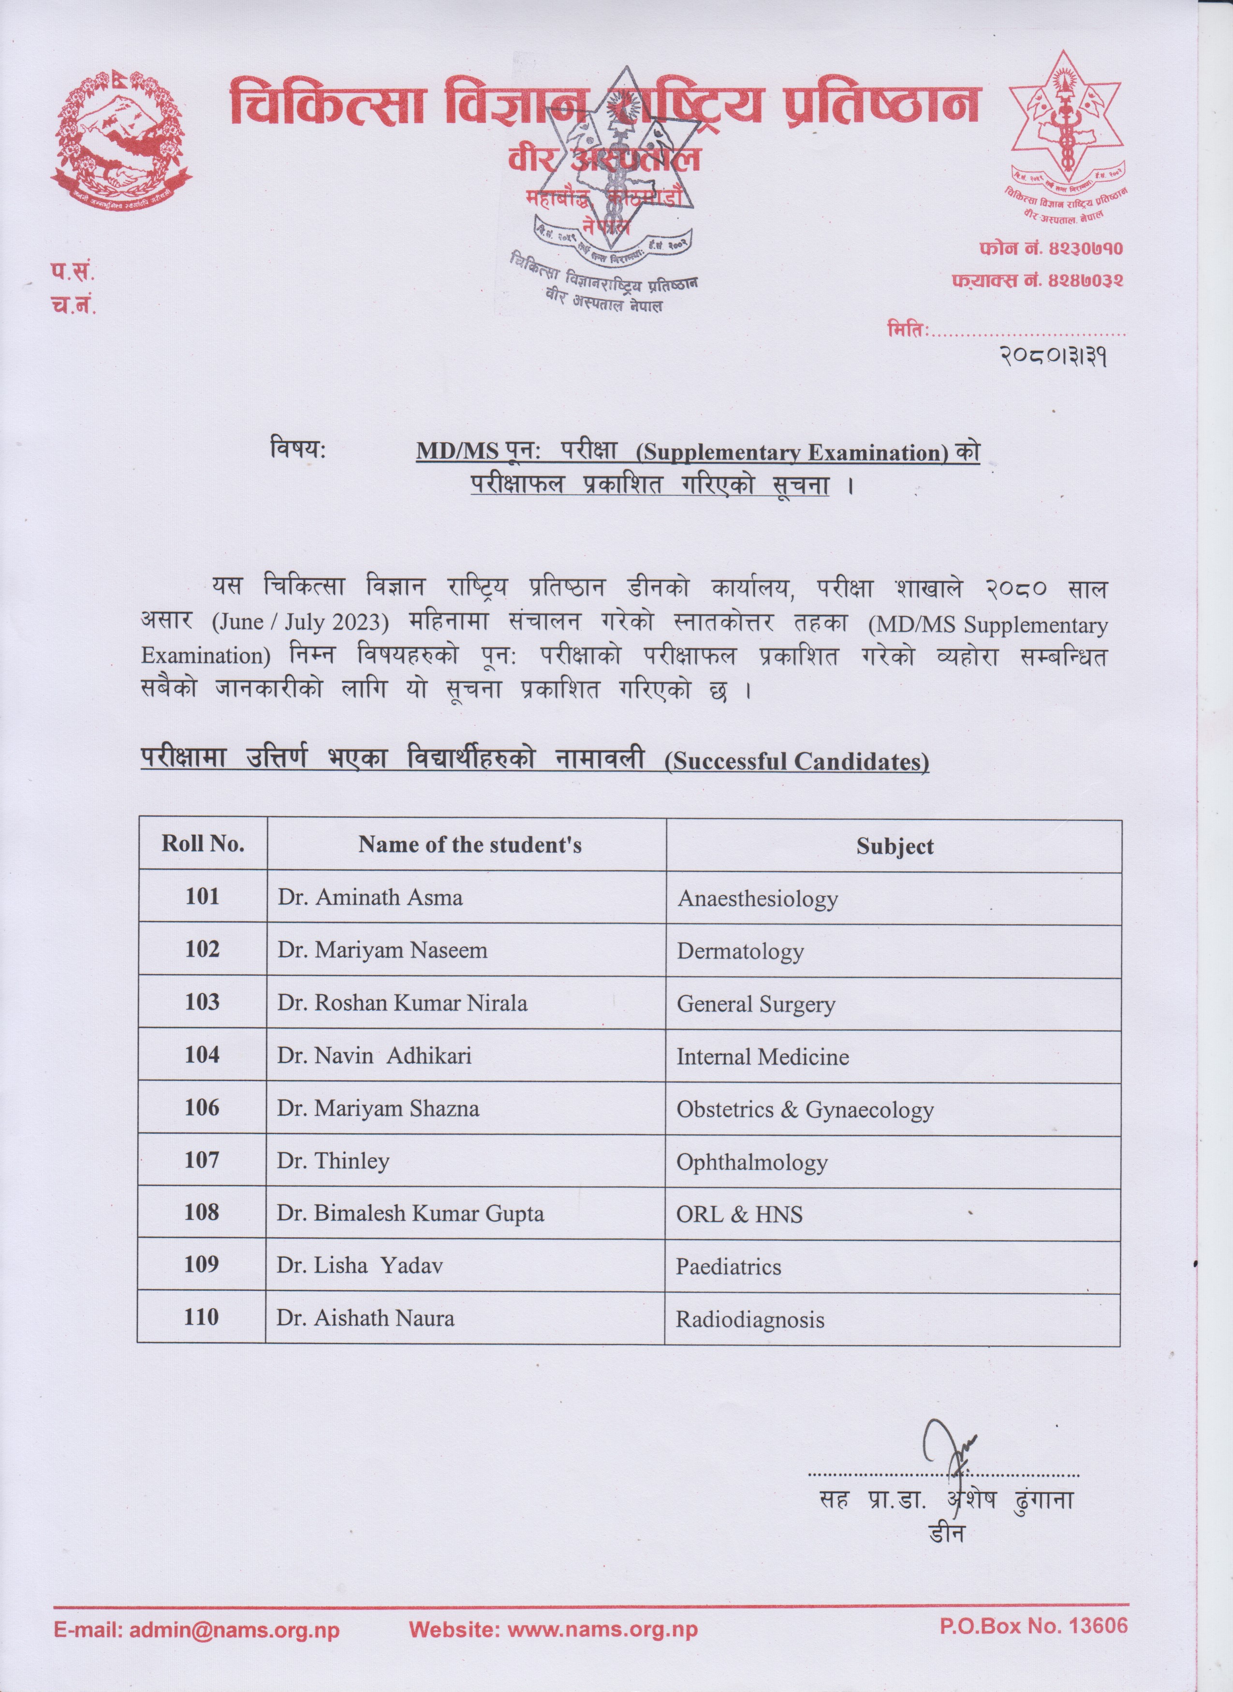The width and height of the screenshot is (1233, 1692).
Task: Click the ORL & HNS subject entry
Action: coord(739,1215)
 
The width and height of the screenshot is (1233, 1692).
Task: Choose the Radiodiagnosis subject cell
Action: coord(749,1320)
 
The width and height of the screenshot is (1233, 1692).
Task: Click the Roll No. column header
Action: coord(202,844)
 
